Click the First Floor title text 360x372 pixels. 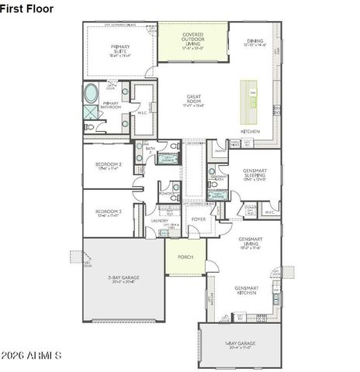tap(27, 8)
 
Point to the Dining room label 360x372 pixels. tap(255, 43)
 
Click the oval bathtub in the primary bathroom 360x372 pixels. tap(91, 95)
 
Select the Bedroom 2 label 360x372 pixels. tap(109, 166)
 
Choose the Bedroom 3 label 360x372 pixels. tap(109, 212)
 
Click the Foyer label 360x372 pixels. tap(199, 219)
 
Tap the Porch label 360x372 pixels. tap(185, 257)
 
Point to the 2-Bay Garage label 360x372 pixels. tap(122, 279)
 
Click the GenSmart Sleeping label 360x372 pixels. tap(254, 177)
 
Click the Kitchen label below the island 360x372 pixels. tap(250, 132)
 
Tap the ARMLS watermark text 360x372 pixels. tap(33, 356)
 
